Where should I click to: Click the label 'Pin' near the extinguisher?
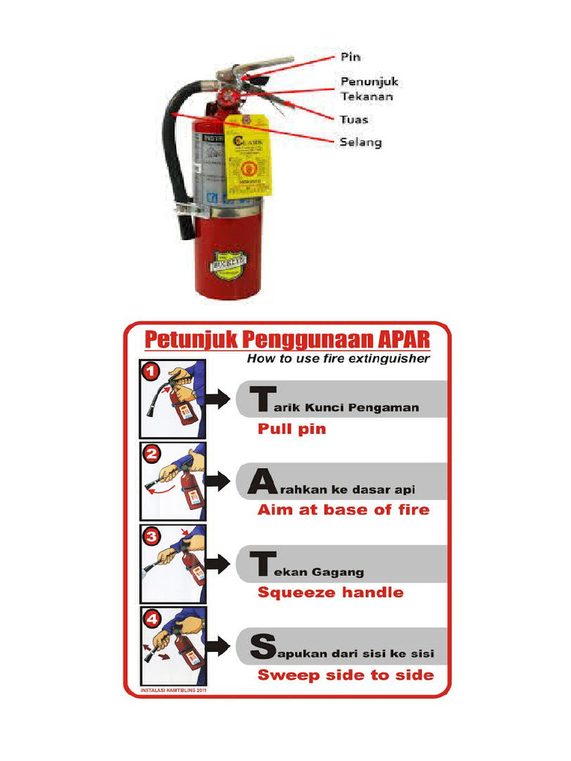point(350,56)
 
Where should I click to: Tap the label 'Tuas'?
point(354,119)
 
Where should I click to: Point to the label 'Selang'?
point(361,142)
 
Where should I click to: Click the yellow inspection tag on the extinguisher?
point(248,158)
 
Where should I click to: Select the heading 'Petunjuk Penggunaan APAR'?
point(286,340)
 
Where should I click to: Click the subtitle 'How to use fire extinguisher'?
point(338,359)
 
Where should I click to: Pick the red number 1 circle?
point(151,369)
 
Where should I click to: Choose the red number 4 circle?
point(151,617)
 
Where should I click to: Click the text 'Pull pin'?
point(291,429)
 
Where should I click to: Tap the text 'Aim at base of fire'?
point(343,510)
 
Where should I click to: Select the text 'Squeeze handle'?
point(330,592)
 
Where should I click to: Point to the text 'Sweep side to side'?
point(345,675)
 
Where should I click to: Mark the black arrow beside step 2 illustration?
point(217,482)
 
